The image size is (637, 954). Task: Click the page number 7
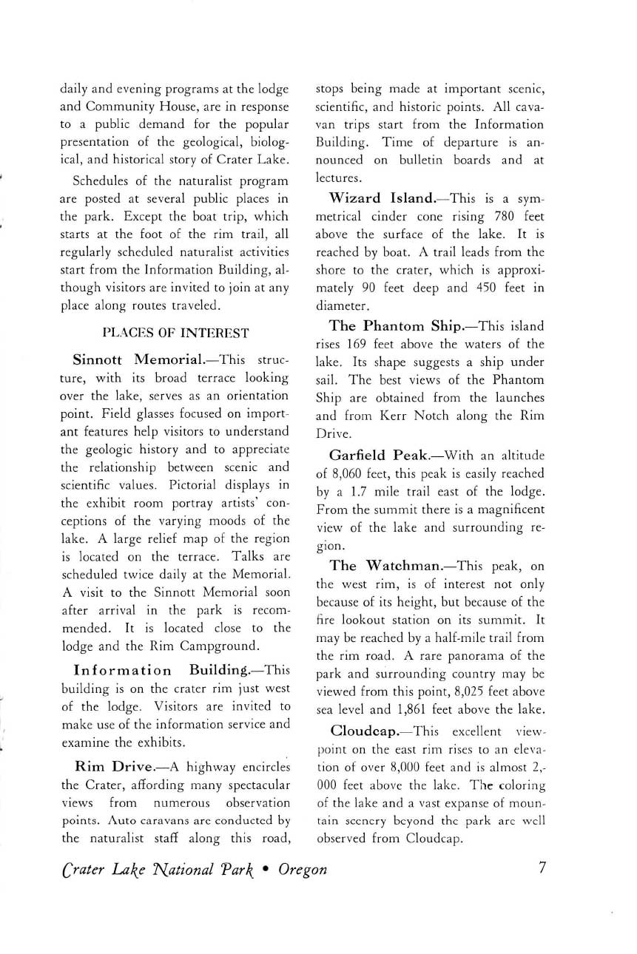(542, 868)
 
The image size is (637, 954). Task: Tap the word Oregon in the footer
(303, 870)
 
